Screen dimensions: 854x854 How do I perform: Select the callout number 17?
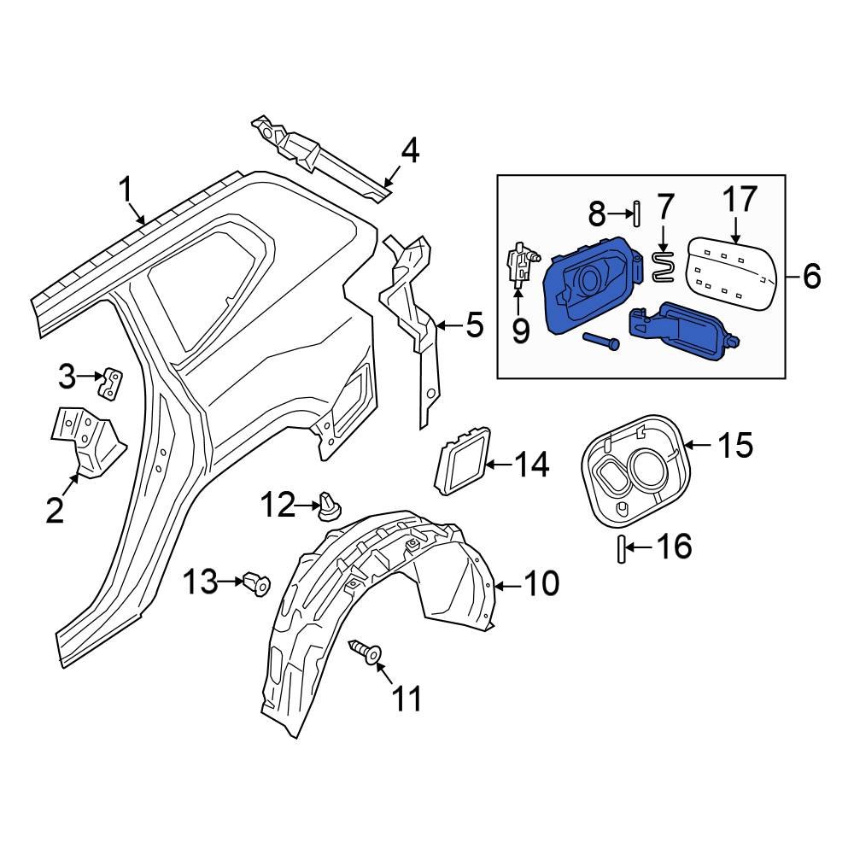click(740, 199)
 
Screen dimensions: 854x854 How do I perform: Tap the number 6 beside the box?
click(810, 276)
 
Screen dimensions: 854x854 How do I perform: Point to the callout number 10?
click(541, 584)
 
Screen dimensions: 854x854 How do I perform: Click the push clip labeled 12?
click(330, 506)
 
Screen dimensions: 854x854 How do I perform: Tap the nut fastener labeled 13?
click(257, 585)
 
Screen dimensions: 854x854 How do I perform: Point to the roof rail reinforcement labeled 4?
click(316, 154)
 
